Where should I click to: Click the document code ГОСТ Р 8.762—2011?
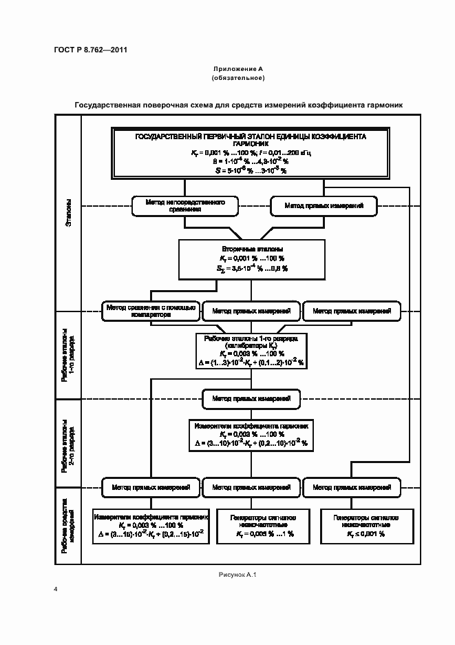90,49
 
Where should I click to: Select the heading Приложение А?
238,70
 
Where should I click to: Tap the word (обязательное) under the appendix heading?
238,78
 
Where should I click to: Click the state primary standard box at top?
251,153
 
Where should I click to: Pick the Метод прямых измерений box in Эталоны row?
322,205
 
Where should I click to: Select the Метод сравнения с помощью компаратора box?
151,311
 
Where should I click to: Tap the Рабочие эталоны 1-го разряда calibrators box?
251,351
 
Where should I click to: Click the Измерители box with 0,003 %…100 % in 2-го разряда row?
251,434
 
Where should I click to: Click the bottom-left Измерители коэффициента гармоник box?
151,524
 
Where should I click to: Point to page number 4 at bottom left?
55,590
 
